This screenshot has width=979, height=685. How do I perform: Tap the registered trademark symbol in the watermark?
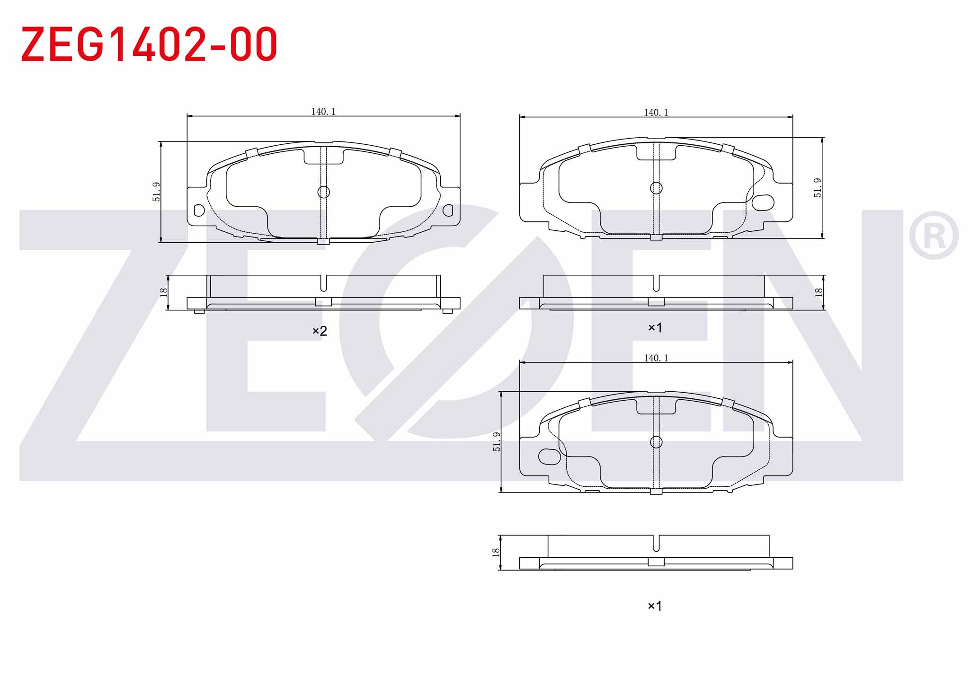tap(934, 236)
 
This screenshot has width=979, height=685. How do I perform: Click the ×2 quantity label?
tap(320, 331)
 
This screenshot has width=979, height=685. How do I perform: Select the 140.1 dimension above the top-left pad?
tap(323, 112)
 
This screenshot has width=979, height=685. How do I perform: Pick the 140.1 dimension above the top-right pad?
tap(656, 113)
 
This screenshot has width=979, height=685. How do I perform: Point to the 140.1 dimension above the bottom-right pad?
tap(656, 358)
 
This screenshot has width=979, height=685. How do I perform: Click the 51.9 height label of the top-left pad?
tap(156, 192)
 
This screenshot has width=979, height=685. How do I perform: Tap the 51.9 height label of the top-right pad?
tap(818, 188)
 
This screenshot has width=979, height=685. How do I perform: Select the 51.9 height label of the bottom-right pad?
tap(496, 442)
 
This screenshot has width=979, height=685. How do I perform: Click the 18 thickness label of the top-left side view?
tap(164, 292)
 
